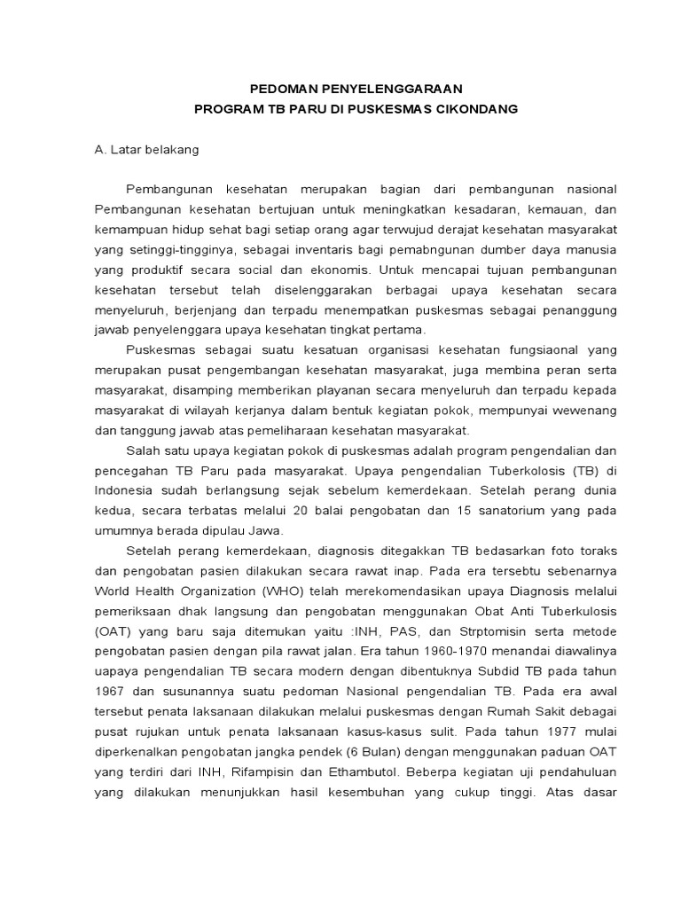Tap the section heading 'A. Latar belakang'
(x=146, y=149)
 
